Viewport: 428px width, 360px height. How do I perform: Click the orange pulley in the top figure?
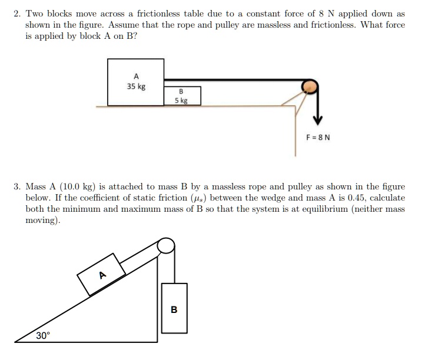pos(310,87)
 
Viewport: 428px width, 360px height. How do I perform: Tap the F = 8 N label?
pos(318,138)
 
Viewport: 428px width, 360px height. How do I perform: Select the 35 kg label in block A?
pos(136,86)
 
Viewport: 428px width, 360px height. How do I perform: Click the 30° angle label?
pos(43,336)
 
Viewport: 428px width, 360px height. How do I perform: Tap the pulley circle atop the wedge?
pos(167,245)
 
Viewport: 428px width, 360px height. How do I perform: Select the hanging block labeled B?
pos(174,308)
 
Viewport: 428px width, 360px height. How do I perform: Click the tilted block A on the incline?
pos(102,274)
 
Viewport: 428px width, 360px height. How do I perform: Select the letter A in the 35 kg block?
pos(136,76)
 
